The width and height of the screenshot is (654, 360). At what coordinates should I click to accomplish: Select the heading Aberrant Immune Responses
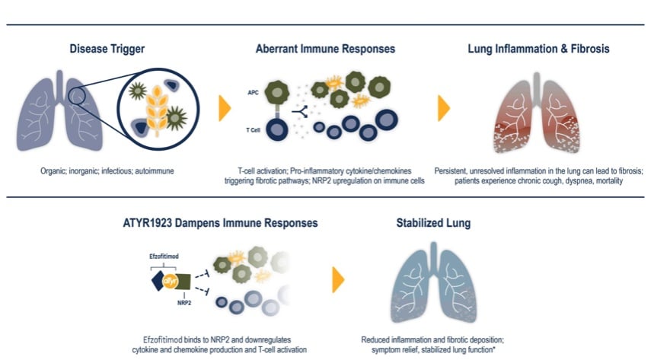point(325,49)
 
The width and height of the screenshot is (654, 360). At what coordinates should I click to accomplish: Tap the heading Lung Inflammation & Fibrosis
point(538,49)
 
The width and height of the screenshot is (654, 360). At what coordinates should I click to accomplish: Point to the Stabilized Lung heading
point(433,223)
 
